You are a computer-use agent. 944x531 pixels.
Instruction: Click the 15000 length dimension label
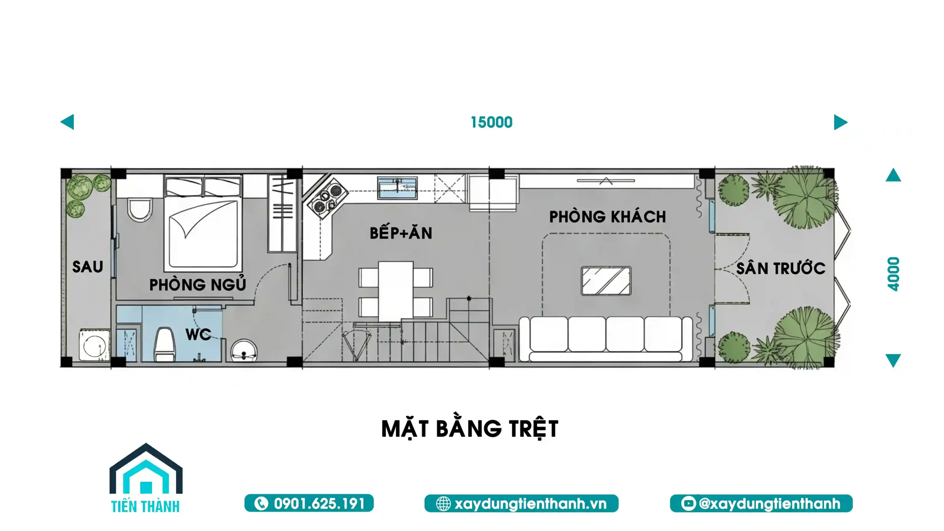[x=492, y=123]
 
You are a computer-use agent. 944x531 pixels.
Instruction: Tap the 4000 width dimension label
[x=893, y=274]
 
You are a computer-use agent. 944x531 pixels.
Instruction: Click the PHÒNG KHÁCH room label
[x=607, y=217]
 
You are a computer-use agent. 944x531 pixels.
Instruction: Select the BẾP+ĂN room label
[x=401, y=233]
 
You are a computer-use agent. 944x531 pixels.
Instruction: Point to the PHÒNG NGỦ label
[x=197, y=284]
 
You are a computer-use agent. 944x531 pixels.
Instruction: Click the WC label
[x=198, y=334]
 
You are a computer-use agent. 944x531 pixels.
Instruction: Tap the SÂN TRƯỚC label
[x=781, y=268]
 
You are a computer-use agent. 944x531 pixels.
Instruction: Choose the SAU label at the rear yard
[x=87, y=267]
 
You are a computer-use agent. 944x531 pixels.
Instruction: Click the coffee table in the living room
[x=606, y=281]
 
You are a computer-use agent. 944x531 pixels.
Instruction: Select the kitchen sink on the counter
[x=397, y=188]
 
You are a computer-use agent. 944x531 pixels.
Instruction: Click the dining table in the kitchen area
[x=396, y=290]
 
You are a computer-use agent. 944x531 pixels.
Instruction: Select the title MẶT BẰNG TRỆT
[x=470, y=429]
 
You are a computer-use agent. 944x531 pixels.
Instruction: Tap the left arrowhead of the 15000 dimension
[x=68, y=122]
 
